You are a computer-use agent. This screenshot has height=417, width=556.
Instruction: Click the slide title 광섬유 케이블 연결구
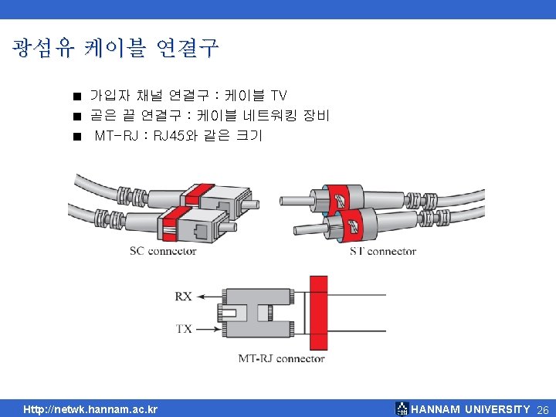pos(116,49)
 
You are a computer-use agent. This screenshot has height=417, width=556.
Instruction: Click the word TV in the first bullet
pos(279,96)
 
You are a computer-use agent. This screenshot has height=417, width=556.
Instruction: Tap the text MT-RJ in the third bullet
pos(117,137)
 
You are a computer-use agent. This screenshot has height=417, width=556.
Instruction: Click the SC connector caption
pos(162,250)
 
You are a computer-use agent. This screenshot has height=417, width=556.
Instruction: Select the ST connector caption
pos(383,251)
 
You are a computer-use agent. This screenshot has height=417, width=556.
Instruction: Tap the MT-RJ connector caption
pos(281,358)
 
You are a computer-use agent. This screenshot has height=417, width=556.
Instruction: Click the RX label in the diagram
pos(183,296)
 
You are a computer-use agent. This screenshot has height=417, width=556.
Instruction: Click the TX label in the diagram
pos(183,328)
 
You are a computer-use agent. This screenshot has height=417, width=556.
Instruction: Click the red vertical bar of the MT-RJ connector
pos(317,313)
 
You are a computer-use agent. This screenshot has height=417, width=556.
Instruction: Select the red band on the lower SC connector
pos(178,214)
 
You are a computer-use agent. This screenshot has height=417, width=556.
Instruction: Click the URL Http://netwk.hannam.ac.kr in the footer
pos(90,409)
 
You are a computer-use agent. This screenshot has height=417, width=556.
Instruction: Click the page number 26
pos(542,409)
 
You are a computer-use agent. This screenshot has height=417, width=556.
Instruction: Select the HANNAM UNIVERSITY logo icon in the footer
pos(402,409)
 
